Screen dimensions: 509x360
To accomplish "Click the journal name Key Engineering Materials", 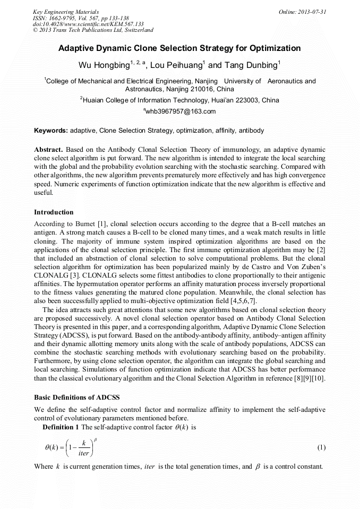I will pos(66,11).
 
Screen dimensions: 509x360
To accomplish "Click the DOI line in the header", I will pos(88,24).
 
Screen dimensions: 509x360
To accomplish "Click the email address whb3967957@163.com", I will pos(181,111).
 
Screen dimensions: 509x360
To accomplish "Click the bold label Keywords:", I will pos(51,130).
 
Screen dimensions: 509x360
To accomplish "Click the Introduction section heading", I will pos(54,212).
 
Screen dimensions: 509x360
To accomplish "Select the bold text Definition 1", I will pos(61,427).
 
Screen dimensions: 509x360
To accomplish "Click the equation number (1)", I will pos(321,447).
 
